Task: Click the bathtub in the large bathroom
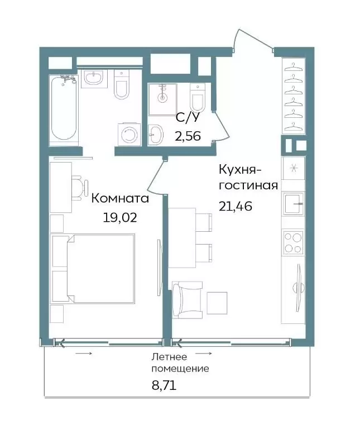[x=63, y=110]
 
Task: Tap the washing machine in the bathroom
[x=129, y=135]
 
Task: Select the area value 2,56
[x=188, y=136]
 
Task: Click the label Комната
[x=120, y=198]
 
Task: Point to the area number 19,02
[x=120, y=218]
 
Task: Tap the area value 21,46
[x=236, y=206]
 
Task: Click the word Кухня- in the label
[x=240, y=170]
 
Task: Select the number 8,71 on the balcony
[x=164, y=385]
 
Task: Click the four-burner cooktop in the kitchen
[x=293, y=242]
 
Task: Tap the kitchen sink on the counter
[x=293, y=204]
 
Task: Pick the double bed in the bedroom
[x=93, y=269]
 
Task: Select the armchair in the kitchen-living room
[x=187, y=299]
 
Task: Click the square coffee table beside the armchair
[x=217, y=303]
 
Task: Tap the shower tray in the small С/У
[x=162, y=99]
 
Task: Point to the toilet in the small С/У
[x=198, y=98]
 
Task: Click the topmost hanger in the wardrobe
[x=293, y=67]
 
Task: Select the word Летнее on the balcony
[x=169, y=357]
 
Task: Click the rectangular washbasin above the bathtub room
[x=94, y=78]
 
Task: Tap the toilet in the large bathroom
[x=122, y=84]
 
